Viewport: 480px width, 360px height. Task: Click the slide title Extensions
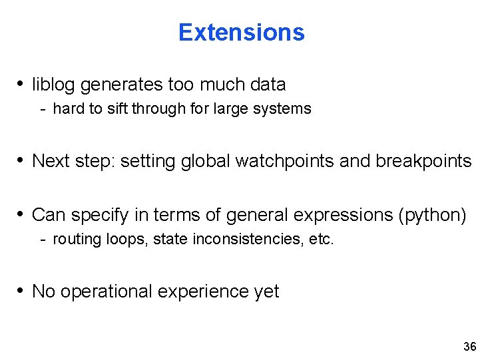coord(241,32)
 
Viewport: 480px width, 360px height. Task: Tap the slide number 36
coord(469,347)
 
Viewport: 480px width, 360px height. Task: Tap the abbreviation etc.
coord(322,239)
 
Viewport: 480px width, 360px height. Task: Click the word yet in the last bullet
coord(267,291)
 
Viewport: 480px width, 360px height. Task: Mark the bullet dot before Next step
coord(22,160)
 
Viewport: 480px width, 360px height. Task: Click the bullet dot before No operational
coord(22,291)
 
